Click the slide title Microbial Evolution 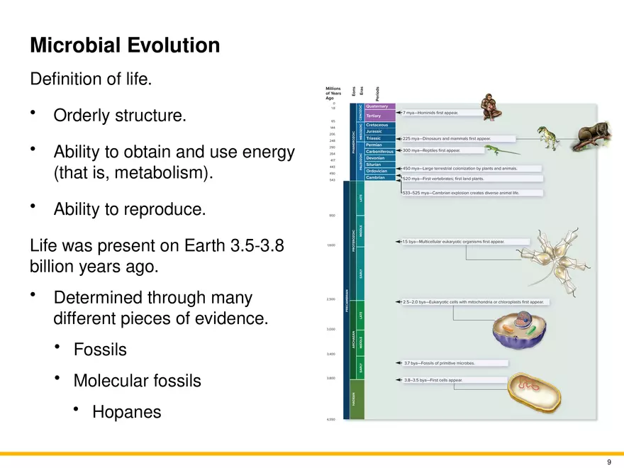(125, 46)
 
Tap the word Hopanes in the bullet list (126, 412)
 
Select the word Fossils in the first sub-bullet (100, 350)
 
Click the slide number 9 (608, 462)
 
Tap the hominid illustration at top (490, 107)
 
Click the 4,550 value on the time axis (330, 420)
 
